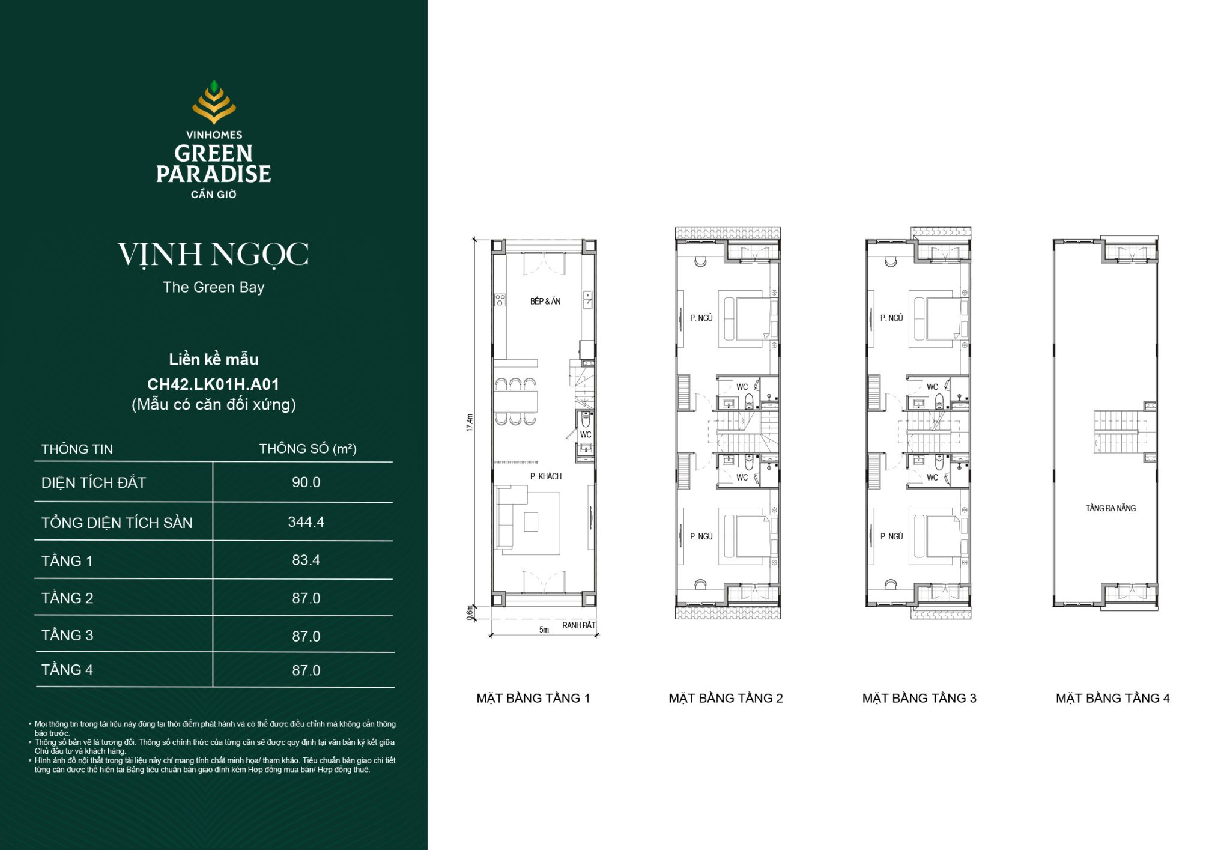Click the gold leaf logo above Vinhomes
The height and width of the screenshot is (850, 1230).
(x=214, y=102)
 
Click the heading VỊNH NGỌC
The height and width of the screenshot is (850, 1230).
(x=213, y=255)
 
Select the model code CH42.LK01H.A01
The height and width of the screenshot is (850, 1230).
(x=213, y=384)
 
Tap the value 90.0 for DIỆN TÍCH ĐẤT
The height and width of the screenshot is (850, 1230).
(x=306, y=482)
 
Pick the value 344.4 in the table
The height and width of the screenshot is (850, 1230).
(x=306, y=522)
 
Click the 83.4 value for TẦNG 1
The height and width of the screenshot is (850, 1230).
(x=306, y=560)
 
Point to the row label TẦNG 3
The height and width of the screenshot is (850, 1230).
(x=67, y=636)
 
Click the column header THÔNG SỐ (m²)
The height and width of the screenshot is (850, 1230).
(x=307, y=449)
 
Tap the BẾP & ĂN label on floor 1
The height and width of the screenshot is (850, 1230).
(x=545, y=302)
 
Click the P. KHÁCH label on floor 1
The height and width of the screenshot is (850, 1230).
(x=545, y=476)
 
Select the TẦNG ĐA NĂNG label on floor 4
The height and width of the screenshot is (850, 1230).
(x=1110, y=508)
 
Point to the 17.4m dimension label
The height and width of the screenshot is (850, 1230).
(x=470, y=422)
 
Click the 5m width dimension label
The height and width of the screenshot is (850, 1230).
(x=544, y=630)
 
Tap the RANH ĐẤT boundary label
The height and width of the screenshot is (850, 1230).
(x=578, y=625)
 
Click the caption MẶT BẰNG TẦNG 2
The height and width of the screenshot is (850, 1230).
(x=726, y=698)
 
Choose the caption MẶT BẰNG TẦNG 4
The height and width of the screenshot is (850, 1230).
(x=1112, y=698)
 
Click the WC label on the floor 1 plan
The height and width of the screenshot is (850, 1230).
(x=586, y=434)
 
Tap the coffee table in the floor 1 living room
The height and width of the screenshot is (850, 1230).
(x=531, y=521)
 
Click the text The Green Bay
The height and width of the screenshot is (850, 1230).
(x=213, y=287)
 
